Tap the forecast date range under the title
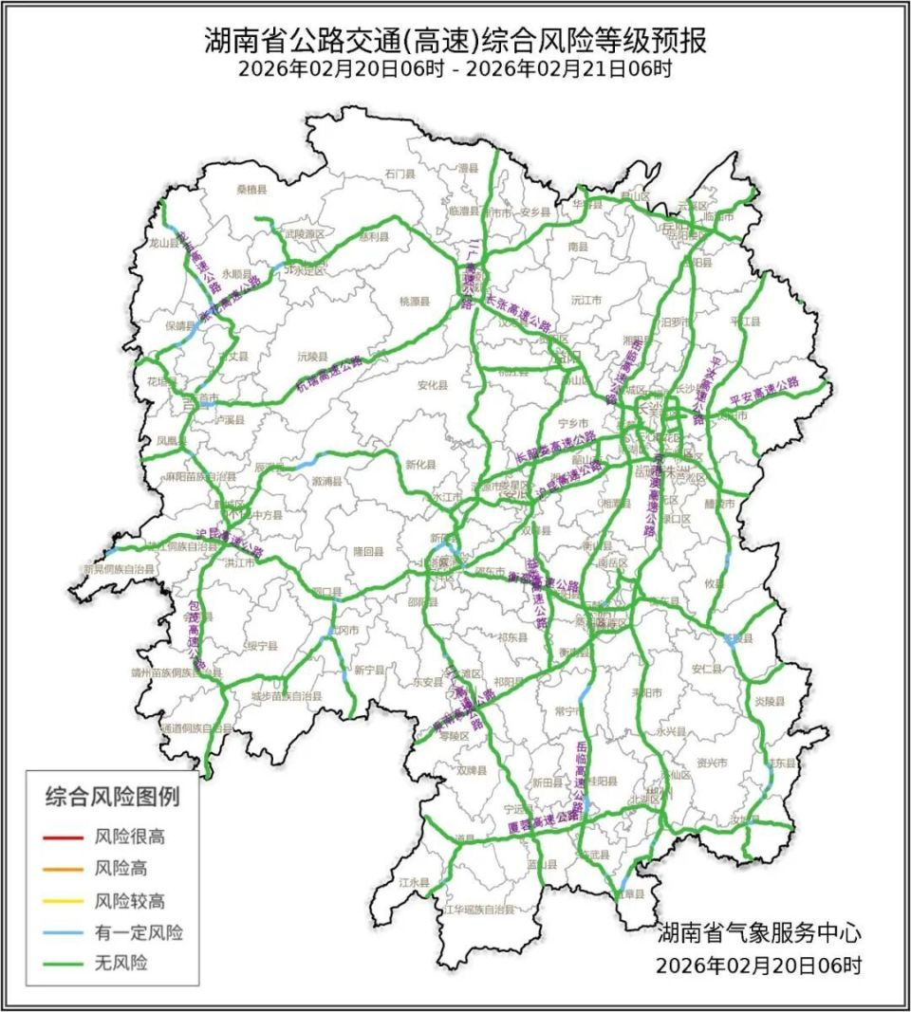[455, 69]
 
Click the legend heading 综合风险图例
[112, 797]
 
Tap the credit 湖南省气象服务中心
[759, 932]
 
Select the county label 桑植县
[252, 190]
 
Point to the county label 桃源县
[415, 301]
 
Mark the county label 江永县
[415, 882]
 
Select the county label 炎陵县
[771, 702]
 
